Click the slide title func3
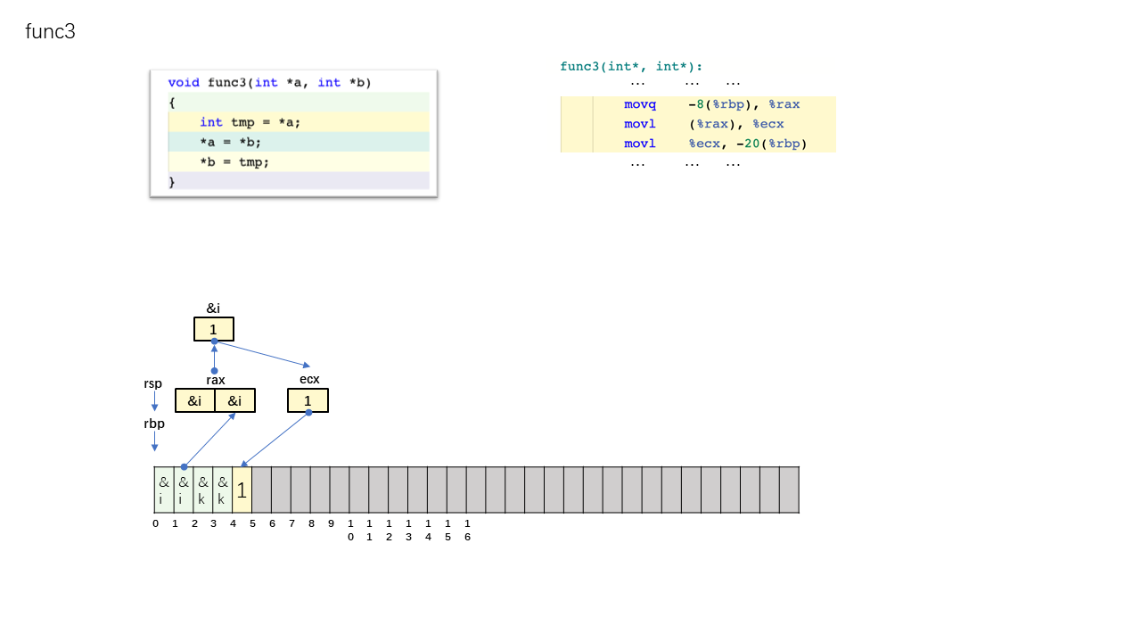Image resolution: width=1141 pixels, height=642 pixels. (51, 31)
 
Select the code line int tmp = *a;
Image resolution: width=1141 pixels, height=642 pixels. (250, 122)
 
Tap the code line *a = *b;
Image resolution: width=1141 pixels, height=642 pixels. (230, 142)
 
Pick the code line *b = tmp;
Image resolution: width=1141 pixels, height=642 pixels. (234, 162)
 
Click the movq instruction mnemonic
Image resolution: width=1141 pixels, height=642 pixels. (640, 104)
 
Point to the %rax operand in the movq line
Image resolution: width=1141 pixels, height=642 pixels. (784, 104)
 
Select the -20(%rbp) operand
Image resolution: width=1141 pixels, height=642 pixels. (772, 144)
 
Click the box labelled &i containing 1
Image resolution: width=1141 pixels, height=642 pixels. (214, 329)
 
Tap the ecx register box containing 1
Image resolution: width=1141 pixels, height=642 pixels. (308, 400)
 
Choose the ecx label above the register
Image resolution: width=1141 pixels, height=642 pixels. (309, 379)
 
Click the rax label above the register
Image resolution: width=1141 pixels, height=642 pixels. (216, 380)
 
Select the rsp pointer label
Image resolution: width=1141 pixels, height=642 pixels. (152, 383)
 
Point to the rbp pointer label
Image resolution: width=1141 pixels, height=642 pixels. (154, 424)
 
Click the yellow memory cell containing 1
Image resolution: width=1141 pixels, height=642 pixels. (242, 490)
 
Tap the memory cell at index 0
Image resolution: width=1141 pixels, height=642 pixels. (164, 490)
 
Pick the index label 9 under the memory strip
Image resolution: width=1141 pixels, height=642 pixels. (331, 523)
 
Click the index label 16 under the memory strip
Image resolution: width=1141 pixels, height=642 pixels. (467, 530)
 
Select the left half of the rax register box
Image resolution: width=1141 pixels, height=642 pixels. (194, 400)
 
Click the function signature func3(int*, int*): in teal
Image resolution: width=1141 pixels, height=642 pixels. (631, 66)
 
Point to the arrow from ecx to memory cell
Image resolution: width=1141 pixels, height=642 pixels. (275, 440)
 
